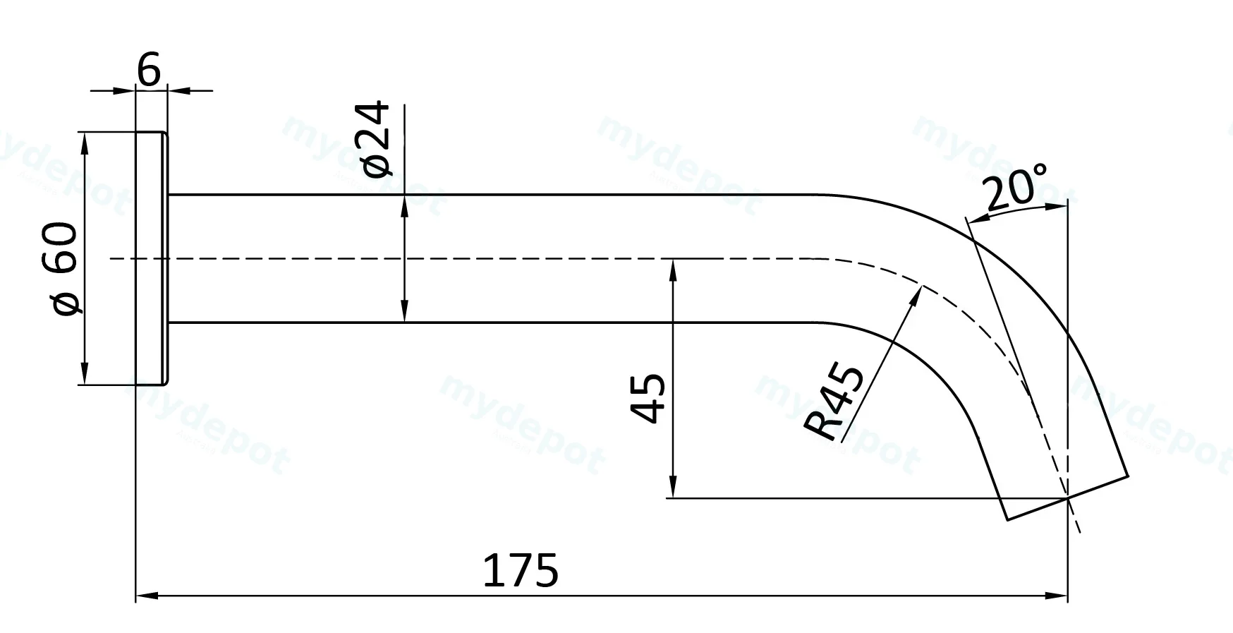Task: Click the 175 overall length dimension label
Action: coord(521,570)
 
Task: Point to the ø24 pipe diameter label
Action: coord(375,139)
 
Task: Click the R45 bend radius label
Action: coord(834,403)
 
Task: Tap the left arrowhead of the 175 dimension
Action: coord(145,596)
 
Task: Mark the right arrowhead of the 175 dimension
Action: coord(1057,596)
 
